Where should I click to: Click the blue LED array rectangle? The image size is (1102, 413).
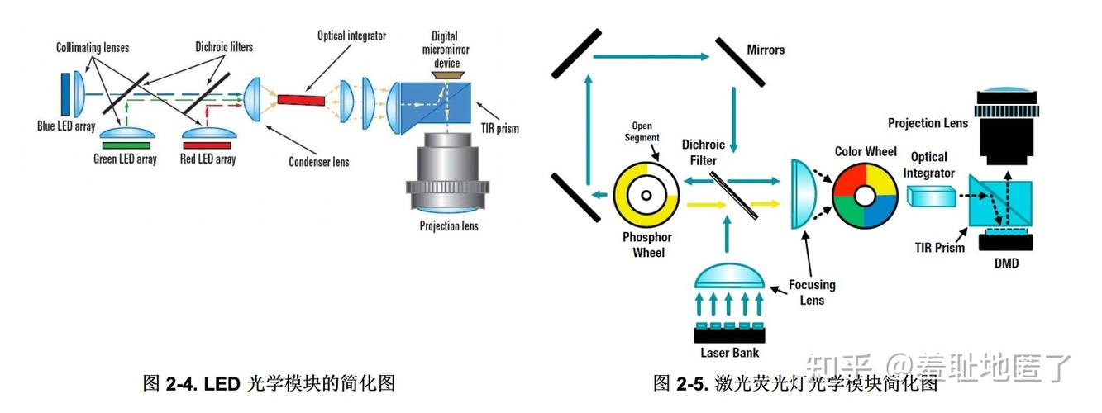65,93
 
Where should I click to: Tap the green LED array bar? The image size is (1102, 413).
125,145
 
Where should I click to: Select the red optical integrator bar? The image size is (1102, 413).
302,100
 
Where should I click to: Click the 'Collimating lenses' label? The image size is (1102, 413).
93,48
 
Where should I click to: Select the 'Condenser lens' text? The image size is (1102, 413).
318,161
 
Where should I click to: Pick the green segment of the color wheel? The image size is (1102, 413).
852,211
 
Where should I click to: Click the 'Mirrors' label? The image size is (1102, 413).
765,50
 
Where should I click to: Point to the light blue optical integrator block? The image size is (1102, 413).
930,195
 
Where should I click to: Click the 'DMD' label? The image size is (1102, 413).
1005,263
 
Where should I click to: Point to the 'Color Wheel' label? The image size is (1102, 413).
866,151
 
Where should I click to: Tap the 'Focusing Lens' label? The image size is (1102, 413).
812,292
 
